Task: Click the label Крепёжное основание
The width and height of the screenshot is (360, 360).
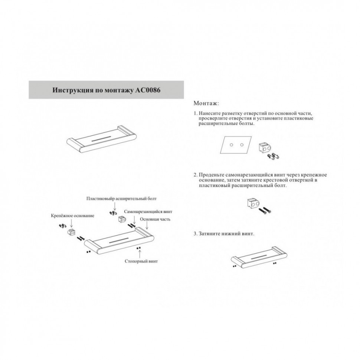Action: (x=72, y=216)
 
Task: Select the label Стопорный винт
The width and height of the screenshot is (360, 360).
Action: (x=141, y=261)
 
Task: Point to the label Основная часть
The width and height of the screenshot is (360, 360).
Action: (x=155, y=219)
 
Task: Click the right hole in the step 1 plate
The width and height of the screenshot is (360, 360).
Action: (x=242, y=145)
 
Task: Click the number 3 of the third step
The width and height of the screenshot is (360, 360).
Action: (x=195, y=234)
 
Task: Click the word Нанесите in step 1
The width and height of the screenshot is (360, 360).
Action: (x=210, y=113)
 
